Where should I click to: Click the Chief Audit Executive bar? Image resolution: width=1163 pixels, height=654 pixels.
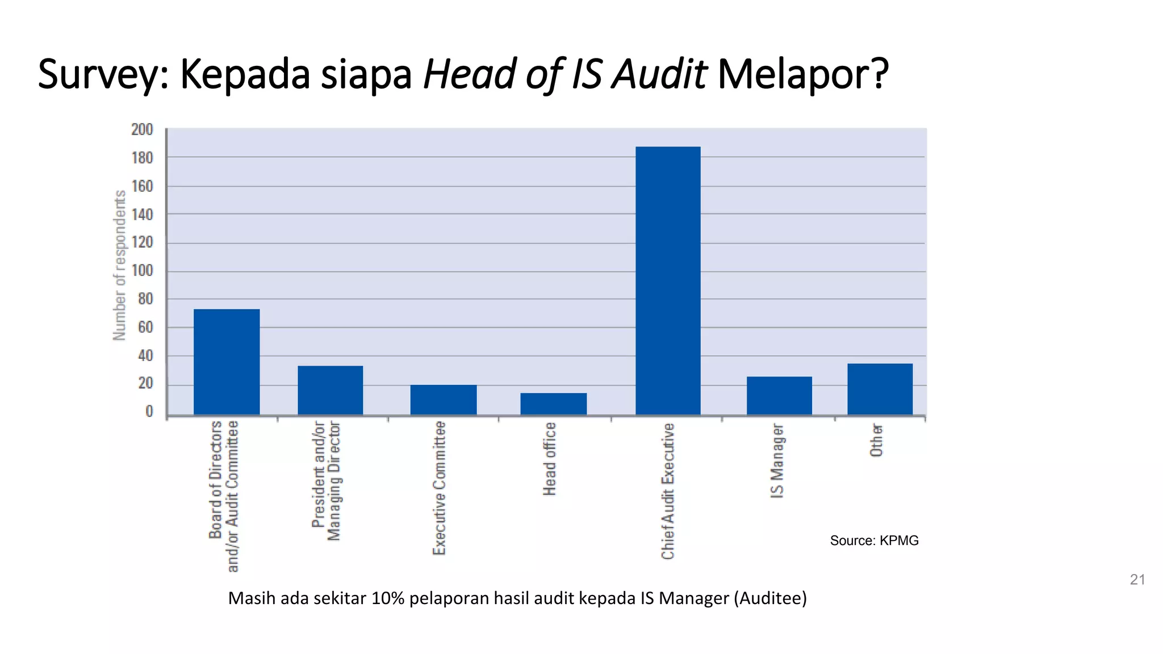[x=668, y=280]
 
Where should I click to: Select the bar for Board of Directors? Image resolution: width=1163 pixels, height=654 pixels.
[x=227, y=362]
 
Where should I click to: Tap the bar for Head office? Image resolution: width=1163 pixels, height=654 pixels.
[x=553, y=404]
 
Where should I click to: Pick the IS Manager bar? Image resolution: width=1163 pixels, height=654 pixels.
[x=779, y=395]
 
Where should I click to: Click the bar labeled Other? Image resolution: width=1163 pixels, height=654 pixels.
[x=880, y=389]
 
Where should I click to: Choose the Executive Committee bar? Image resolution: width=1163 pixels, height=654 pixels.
[x=444, y=400]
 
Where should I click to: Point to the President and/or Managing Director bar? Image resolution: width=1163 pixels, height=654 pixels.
[x=330, y=390]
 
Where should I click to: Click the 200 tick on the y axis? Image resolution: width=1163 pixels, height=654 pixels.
[x=142, y=130]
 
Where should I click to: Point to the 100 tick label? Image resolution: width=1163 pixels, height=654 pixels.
[x=142, y=271]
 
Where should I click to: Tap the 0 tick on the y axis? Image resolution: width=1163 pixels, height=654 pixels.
[x=149, y=412]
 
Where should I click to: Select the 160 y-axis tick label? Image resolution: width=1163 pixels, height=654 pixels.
[x=142, y=186]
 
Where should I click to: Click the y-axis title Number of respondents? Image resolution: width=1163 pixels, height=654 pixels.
[x=119, y=265]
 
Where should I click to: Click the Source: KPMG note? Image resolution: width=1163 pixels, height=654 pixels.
[x=874, y=540]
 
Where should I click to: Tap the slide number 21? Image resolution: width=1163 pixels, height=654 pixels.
[x=1137, y=580]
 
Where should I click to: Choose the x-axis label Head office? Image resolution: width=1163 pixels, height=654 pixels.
[x=550, y=459]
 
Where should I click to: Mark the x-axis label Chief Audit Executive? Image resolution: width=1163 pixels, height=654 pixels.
[x=668, y=491]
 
